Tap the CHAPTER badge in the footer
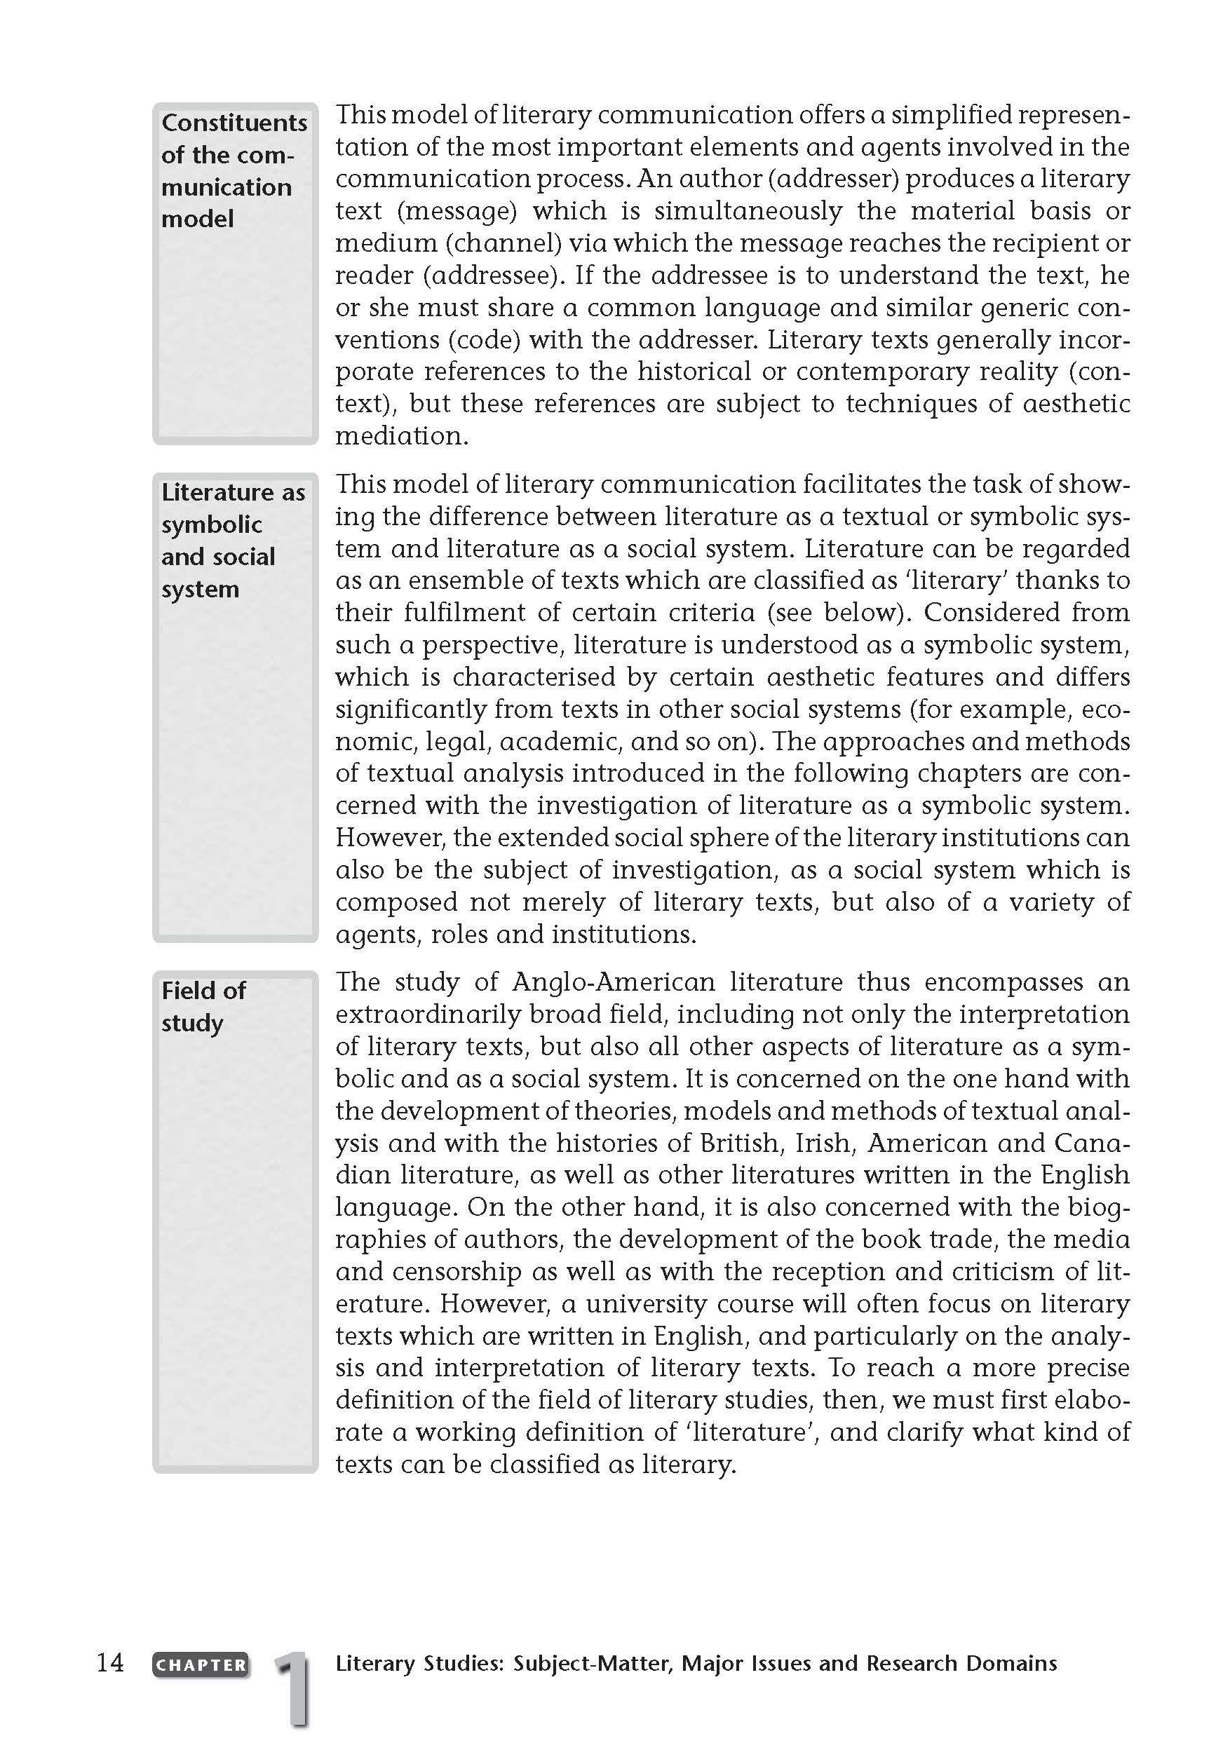tap(201, 1664)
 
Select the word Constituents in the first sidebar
tap(234, 123)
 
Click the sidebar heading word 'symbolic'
tap(212, 524)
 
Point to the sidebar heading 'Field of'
tap(203, 991)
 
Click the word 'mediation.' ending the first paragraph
tap(402, 436)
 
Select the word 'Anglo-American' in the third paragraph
tap(614, 982)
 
